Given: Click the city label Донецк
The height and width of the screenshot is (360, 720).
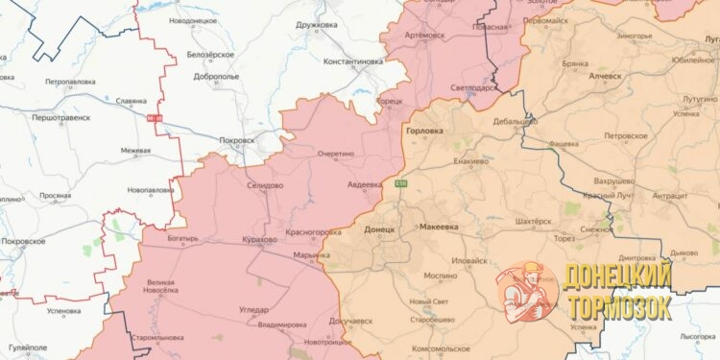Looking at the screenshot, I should pyautogui.click(x=380, y=230).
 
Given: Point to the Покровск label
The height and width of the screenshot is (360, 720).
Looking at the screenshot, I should pyautogui.click(x=237, y=140).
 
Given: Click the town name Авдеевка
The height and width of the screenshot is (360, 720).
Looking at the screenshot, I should pyautogui.click(x=364, y=184).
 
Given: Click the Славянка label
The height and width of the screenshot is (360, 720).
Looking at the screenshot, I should pyautogui.click(x=130, y=100).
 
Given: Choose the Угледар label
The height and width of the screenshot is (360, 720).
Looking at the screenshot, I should pyautogui.click(x=253, y=309).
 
